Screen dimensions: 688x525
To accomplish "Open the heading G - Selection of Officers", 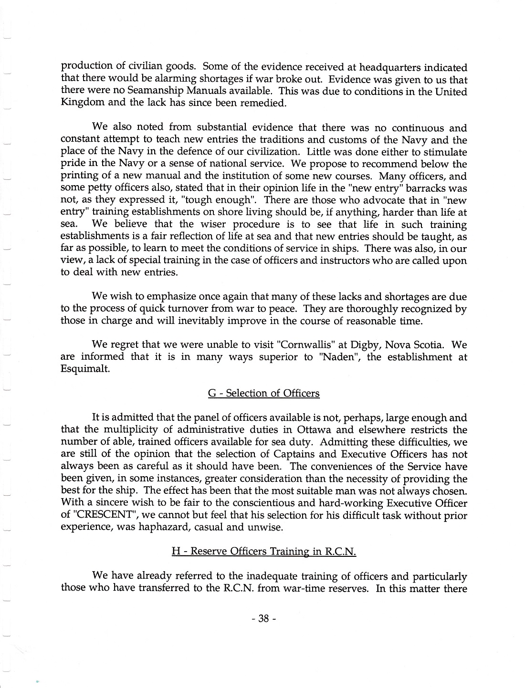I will tap(263, 393).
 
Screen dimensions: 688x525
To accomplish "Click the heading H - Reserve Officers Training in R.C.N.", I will tap(263, 552).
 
